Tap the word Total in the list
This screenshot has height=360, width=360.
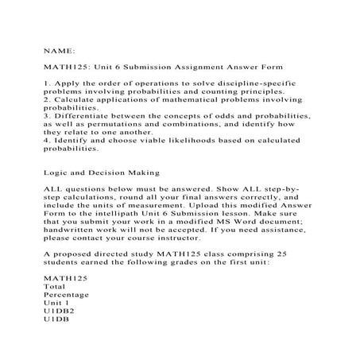click(x=55, y=288)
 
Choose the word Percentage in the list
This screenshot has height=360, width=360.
click(x=66, y=296)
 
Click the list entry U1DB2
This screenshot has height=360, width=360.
click(x=58, y=314)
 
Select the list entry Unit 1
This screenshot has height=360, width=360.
click(x=56, y=305)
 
